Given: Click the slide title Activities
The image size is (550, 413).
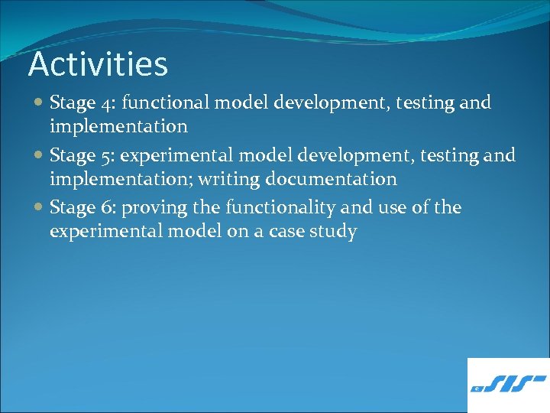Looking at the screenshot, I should pos(98,64).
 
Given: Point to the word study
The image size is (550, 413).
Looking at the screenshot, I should pos(334,232).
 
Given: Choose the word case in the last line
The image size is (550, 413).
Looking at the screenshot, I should pos(286,232).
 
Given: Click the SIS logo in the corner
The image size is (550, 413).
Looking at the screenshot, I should pos(508,385).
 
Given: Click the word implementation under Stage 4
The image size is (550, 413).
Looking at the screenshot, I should pos(118,125).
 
